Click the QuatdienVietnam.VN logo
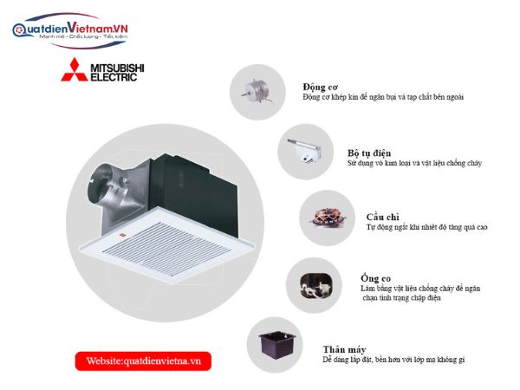click(x=70, y=30)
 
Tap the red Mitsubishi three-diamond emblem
click(x=75, y=69)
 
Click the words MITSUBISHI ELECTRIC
click(x=117, y=73)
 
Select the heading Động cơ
click(x=320, y=88)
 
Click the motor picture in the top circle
click(x=257, y=92)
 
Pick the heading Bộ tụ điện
click(x=369, y=153)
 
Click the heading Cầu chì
click(x=382, y=218)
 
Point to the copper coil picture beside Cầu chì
click(x=328, y=218)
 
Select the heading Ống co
click(x=376, y=278)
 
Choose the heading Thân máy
click(x=344, y=349)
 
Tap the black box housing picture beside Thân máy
click(x=277, y=345)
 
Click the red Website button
click(x=143, y=361)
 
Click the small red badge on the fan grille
click(x=121, y=236)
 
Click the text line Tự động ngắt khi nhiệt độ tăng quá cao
click(x=426, y=227)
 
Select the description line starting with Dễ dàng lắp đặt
click(x=393, y=360)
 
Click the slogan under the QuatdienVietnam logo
click(x=83, y=36)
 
